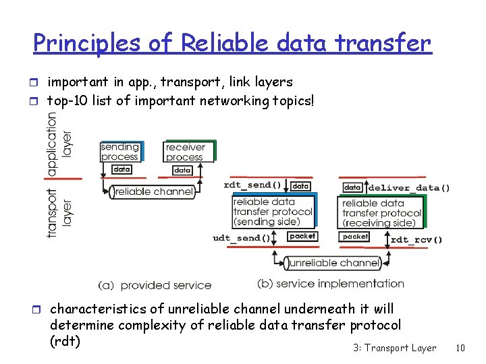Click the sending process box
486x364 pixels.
pos(119,152)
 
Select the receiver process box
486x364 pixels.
pos(186,152)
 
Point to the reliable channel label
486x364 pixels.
pos(153,192)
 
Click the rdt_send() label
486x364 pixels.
pos(252,185)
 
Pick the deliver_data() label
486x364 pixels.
pos(409,187)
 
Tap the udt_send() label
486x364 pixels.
pos(241,237)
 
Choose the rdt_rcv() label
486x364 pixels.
pos(416,239)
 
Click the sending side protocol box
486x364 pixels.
pos(273,211)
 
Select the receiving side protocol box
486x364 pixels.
pos(381,212)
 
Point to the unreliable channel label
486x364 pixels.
pos(333,263)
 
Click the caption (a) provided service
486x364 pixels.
pos(155,285)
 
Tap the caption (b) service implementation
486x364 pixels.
pos(331,284)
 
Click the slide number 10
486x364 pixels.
pos(460,348)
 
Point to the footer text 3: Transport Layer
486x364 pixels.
pos(394,348)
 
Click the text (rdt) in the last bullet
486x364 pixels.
pos(65,341)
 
